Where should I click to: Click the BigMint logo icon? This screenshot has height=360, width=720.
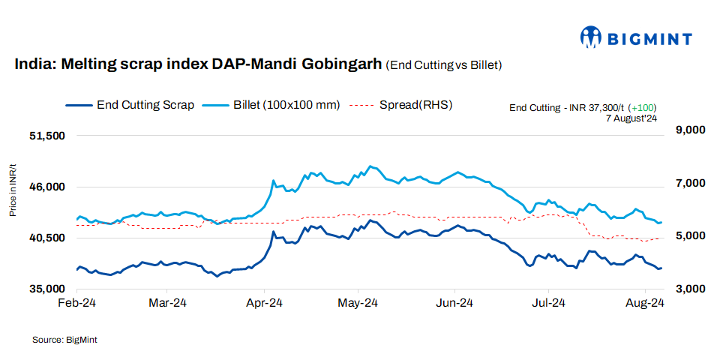pos(592,36)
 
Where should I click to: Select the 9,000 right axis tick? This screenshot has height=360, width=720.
pos(691,130)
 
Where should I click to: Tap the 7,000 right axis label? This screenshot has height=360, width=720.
pos(691,183)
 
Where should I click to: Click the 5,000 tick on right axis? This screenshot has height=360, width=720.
pos(691,236)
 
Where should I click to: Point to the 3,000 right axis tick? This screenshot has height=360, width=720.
pos(691,289)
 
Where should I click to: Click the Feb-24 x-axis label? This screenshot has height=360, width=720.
pos(78,304)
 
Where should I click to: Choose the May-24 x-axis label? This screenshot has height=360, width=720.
pos(358,304)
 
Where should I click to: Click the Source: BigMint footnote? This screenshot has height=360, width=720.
pos(64,340)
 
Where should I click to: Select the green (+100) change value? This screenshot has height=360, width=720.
pos(643,108)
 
